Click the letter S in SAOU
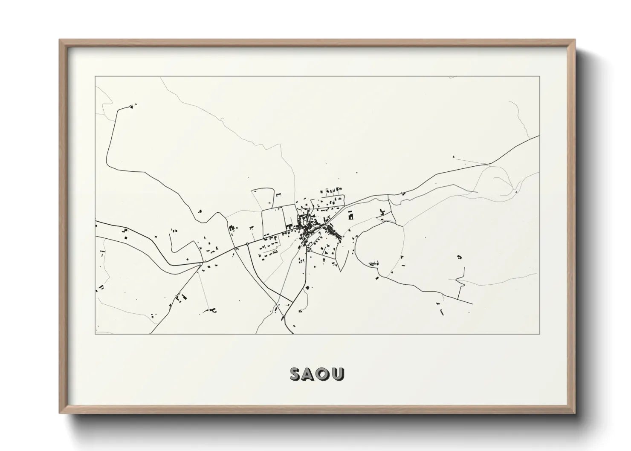click(296, 374)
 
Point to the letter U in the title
click(338, 374)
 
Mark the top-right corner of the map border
click(539, 76)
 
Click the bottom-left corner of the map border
click(96, 334)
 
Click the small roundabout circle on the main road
click(247, 244)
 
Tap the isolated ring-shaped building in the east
click(459, 257)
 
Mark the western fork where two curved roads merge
click(201, 265)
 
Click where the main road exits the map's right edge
click(539, 136)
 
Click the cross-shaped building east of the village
click(383, 212)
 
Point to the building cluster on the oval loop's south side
click(373, 264)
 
